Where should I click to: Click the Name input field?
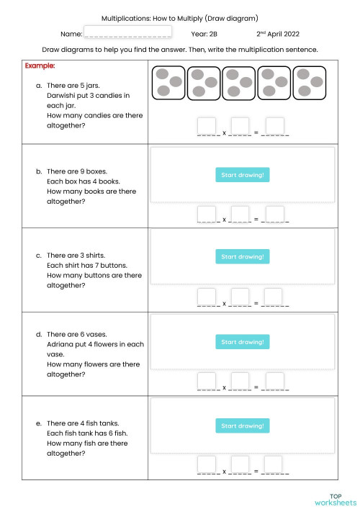coord(128,32)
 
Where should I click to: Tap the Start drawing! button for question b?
coord(243,174)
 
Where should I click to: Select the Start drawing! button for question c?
coord(243,256)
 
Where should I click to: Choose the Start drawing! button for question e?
coord(243,425)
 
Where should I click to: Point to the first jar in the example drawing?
coord(168,83)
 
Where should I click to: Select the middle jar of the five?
coord(239,83)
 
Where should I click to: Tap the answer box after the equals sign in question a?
coord(274,126)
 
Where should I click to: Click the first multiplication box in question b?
coord(207,214)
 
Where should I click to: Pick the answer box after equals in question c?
coord(273,296)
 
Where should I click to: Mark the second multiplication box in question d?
coord(240,381)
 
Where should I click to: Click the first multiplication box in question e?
coord(207,464)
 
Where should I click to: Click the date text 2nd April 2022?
coord(277,33)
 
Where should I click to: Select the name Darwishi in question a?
coord(63,95)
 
